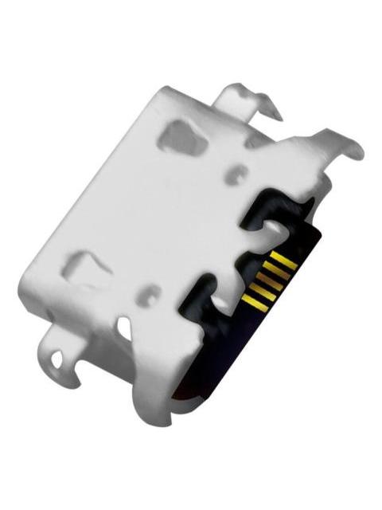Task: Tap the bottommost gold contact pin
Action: click(x=256, y=303)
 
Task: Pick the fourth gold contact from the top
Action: click(x=263, y=292)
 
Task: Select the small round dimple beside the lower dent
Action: click(x=147, y=296)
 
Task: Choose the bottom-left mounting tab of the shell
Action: click(x=60, y=355)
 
